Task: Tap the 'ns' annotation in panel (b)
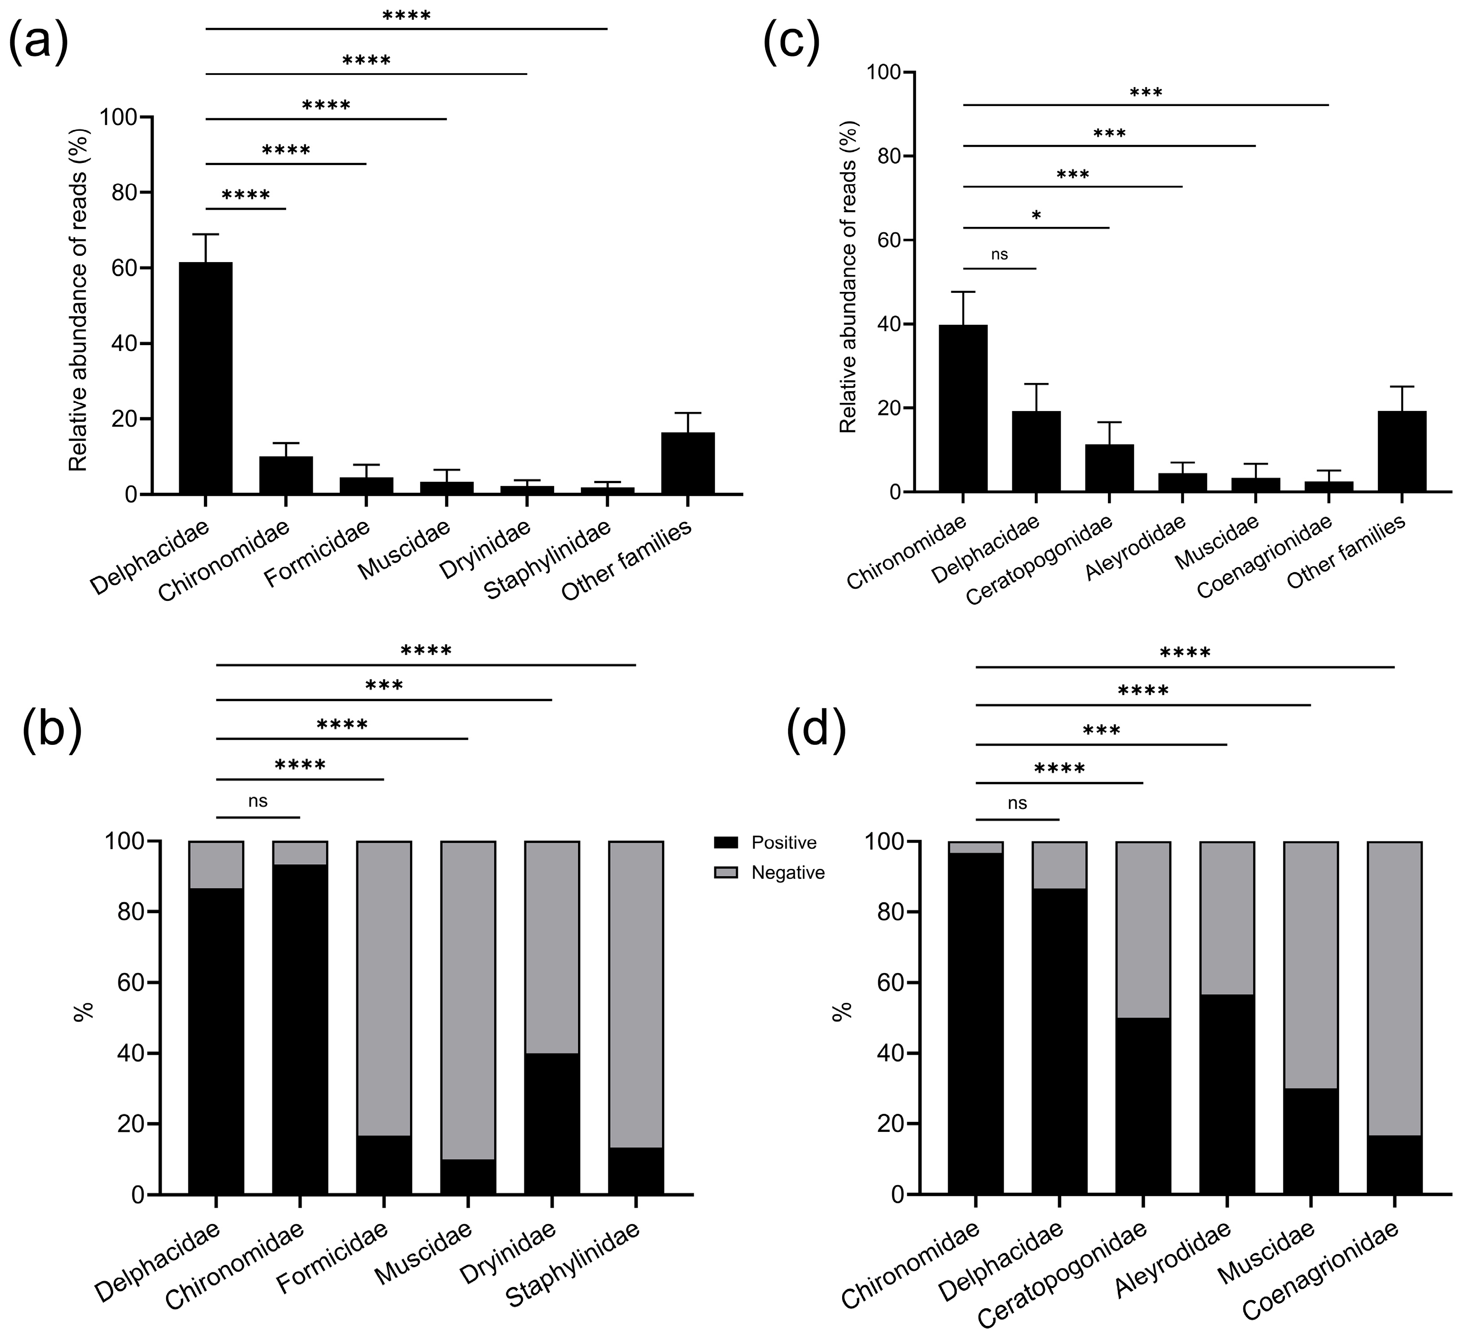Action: [x=258, y=801]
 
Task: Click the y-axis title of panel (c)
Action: [x=848, y=277]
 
